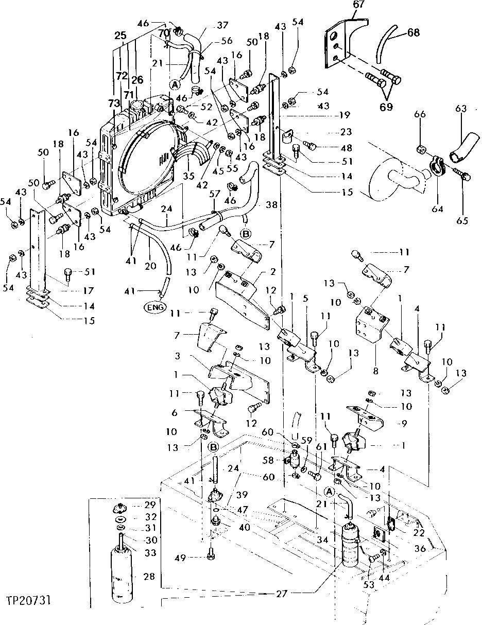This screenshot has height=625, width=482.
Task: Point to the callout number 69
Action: click(x=386, y=107)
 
